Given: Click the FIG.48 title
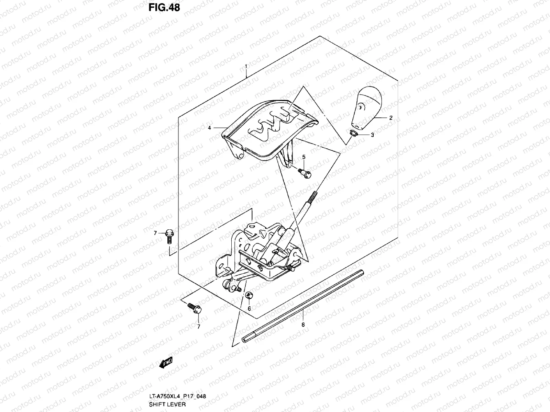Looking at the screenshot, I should coord(164,8).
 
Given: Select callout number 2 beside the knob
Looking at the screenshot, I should coord(391,118).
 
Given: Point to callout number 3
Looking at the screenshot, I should coord(372,135).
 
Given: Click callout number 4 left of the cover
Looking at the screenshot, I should coord(209,128).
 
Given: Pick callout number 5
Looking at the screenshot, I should coord(304,157).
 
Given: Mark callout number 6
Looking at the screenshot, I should coord(249,308).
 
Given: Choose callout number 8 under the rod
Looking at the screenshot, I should coord(303,324).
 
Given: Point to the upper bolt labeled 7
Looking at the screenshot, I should coord(169,236).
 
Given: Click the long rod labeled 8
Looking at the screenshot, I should coord(302,306).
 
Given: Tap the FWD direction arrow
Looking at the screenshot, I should coord(166,363).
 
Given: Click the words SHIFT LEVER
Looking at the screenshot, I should coord(167,404).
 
